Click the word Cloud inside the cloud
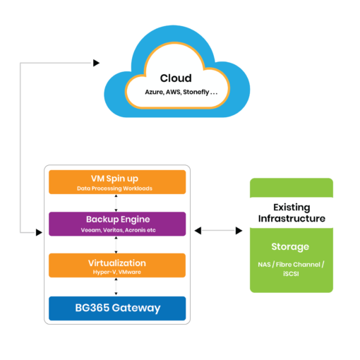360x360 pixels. tap(175, 78)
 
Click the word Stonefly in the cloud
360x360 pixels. tap(199, 92)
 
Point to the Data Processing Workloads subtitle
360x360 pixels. tap(116, 189)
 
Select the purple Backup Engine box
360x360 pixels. tap(116, 223)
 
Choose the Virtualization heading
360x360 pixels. tap(116, 263)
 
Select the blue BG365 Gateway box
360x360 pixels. tap(116, 308)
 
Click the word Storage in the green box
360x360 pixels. tap(289, 247)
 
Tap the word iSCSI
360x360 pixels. tap(290, 272)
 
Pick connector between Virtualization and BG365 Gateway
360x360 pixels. tap(116, 287)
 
